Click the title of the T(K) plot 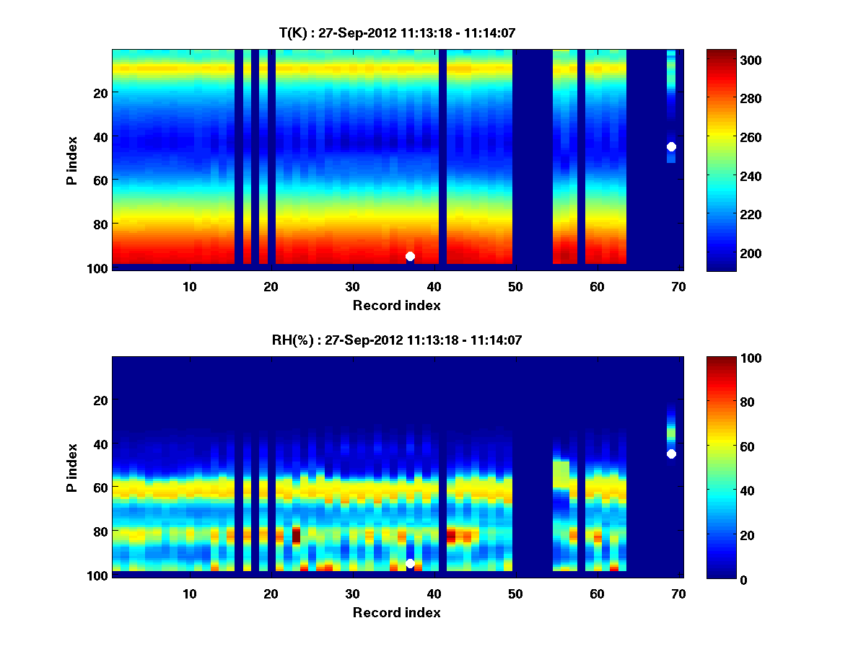397,32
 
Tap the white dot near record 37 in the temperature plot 410,256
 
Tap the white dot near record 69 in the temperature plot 671,146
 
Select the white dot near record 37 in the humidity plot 410,563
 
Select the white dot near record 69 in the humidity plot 671,454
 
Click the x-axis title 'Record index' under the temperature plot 397,305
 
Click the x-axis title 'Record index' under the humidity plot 397,612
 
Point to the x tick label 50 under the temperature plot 515,286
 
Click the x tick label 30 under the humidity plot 352,593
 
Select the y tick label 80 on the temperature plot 100,224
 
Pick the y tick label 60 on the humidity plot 100,487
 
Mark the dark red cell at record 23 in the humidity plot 296,535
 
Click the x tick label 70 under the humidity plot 678,593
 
